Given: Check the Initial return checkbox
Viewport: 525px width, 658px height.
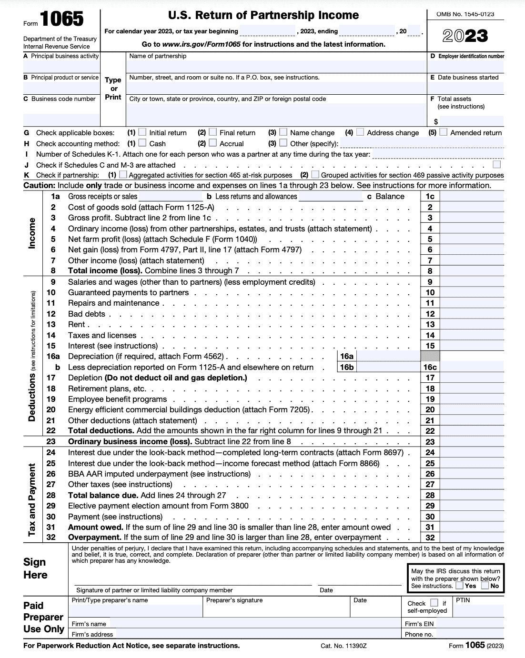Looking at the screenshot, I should pos(142,132).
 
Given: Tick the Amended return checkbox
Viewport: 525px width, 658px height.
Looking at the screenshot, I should pos(444,132).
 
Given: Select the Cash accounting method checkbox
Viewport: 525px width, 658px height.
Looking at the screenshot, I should pos(142,143).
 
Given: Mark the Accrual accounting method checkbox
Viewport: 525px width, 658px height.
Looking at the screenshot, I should pos(213,143).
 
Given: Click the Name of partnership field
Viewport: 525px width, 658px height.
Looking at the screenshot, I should pos(276,66).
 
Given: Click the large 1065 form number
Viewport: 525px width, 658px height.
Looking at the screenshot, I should pos(61,20).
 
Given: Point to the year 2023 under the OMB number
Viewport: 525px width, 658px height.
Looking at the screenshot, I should pos(465,36).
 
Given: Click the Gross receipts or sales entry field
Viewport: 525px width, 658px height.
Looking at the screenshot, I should pos(171,197).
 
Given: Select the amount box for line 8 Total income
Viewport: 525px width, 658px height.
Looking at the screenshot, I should pos(472,271).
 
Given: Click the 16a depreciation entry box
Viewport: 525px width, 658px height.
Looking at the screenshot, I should pos(388,356).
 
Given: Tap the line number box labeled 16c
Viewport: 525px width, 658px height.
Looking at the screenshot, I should pos(430,367).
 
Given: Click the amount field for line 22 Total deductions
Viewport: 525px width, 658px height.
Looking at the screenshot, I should pos(472,431).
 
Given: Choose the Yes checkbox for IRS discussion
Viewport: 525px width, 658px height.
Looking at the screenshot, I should pos(459,586).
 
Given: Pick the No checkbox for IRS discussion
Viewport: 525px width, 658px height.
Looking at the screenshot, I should pos(485,586).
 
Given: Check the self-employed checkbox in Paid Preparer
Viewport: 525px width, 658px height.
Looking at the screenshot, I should pos(434,603).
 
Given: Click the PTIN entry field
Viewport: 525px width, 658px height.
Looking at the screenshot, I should pos(478,610).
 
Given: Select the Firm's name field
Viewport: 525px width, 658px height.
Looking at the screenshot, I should pos(255,624).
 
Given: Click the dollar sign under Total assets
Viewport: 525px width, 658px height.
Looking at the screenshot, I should pos(436,122).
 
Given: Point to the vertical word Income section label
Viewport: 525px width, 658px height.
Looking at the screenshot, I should pos(32,233).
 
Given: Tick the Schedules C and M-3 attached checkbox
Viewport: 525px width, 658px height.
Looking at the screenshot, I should pos(497,164).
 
